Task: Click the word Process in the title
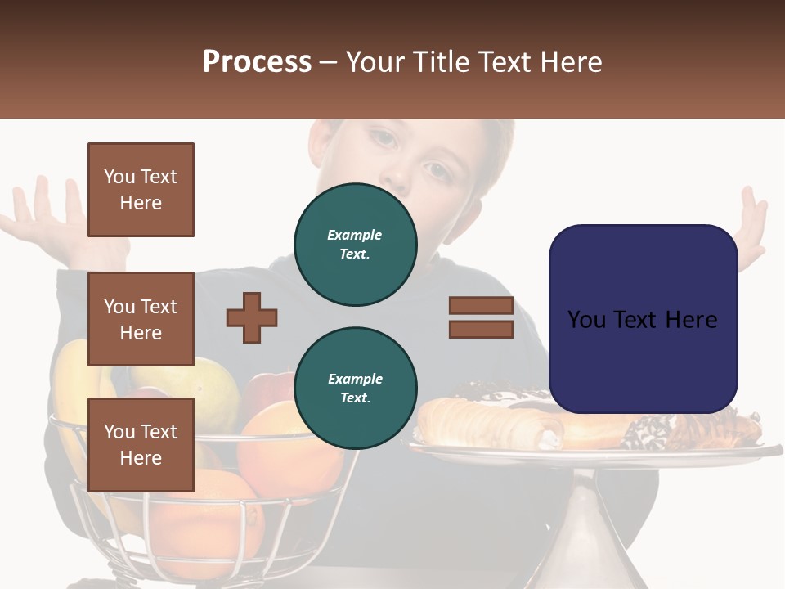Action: (x=257, y=62)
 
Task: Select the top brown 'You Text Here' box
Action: (x=141, y=190)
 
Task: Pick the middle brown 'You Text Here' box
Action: (x=141, y=319)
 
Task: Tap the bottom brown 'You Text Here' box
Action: (x=141, y=444)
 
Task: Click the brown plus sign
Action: (x=252, y=317)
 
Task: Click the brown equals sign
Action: (x=481, y=317)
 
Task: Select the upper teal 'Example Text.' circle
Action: (x=355, y=245)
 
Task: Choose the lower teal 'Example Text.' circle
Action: (x=355, y=389)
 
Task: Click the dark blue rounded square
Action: (x=643, y=319)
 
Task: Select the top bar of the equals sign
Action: (x=481, y=306)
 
